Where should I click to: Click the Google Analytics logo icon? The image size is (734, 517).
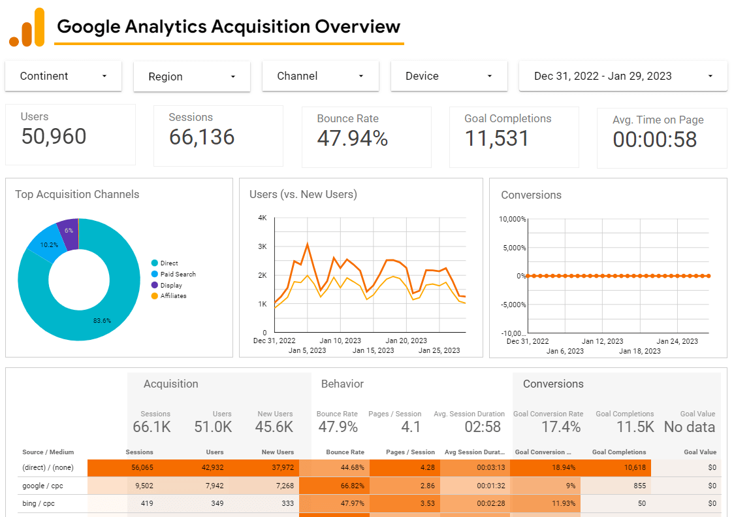(x=27, y=27)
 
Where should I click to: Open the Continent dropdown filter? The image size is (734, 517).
(x=63, y=76)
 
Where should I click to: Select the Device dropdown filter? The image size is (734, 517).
(x=449, y=76)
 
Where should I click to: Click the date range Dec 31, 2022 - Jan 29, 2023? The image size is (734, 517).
(x=622, y=76)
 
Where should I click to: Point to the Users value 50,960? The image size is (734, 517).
(x=54, y=137)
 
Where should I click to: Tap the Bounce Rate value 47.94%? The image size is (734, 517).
(x=352, y=139)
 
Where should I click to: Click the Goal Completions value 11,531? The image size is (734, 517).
(x=497, y=139)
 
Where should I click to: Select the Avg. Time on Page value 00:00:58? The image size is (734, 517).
(x=654, y=140)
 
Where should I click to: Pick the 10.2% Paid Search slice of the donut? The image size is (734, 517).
(x=48, y=245)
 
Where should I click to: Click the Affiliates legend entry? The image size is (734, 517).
(x=173, y=296)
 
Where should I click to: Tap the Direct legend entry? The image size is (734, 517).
(x=168, y=263)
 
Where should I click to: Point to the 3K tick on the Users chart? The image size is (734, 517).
(x=262, y=246)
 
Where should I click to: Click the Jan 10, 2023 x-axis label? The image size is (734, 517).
(x=340, y=341)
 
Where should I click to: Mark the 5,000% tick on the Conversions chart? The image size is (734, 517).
(x=513, y=248)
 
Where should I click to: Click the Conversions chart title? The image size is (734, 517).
(x=531, y=195)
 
